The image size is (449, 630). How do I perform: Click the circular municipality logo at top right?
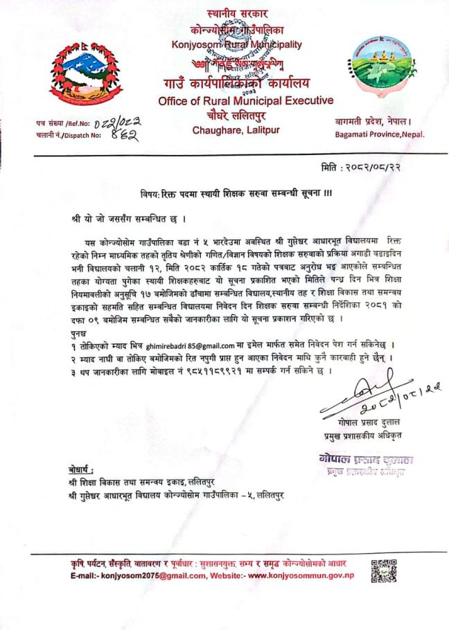pyautogui.click(x=379, y=69)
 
